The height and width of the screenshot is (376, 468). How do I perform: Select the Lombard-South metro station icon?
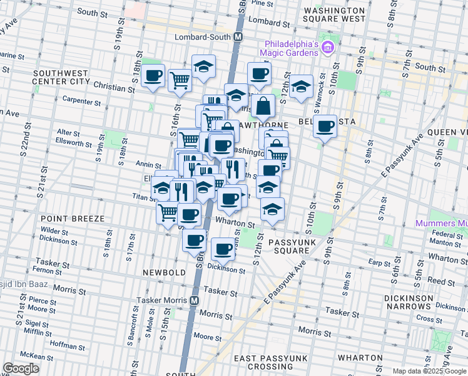pyautogui.click(x=238, y=38)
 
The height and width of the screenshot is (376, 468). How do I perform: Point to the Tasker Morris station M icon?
pyautogui.click(x=196, y=300)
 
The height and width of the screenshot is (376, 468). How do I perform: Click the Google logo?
pyautogui.click(x=21, y=368)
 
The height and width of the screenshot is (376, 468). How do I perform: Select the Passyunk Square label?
pyautogui.click(x=289, y=246)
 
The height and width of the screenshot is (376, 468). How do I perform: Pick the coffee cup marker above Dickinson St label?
pyautogui.click(x=223, y=250)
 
